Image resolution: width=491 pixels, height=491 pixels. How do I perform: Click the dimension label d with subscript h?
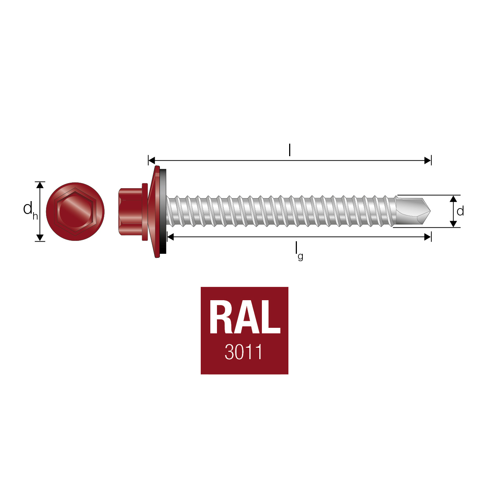(31, 210)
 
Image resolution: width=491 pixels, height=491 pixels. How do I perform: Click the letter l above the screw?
(290, 150)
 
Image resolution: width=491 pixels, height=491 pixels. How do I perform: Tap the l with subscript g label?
(299, 251)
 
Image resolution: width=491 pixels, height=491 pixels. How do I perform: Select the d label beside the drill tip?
(460, 211)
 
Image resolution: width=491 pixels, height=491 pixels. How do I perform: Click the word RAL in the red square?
(245, 317)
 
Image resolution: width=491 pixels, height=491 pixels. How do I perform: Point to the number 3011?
(243, 352)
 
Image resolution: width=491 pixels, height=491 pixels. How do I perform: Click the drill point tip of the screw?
(430, 211)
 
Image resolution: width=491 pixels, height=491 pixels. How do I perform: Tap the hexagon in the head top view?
(75, 211)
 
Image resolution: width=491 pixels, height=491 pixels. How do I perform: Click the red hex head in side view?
(130, 211)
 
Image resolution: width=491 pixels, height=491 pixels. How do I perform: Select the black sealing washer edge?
(163, 211)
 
